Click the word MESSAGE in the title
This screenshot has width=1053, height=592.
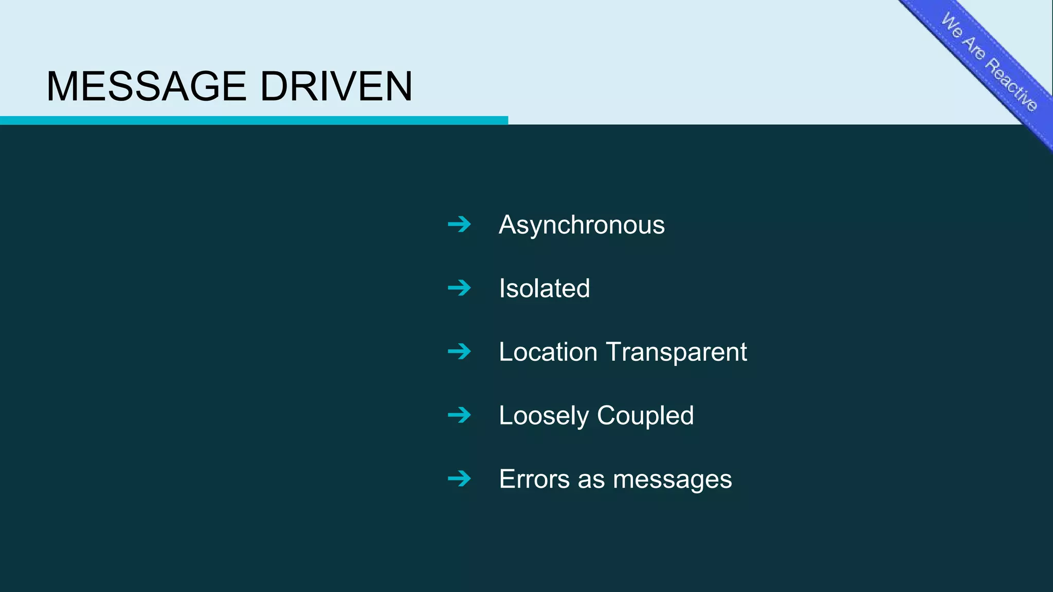pyautogui.click(x=146, y=86)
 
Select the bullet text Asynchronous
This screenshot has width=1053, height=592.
pyautogui.click(x=582, y=225)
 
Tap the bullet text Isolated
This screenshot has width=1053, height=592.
pyautogui.click(x=544, y=288)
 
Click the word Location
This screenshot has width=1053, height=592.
pyautogui.click(x=548, y=352)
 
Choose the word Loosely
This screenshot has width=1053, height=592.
pyautogui.click(x=543, y=416)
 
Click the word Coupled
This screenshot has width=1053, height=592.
pyautogui.click(x=645, y=416)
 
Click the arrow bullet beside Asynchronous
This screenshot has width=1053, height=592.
pyautogui.click(x=459, y=224)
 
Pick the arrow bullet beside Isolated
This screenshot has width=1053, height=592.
pyautogui.click(x=459, y=288)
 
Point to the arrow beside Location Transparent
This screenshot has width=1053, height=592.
pyautogui.click(x=459, y=351)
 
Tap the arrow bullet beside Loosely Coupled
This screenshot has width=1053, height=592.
pyautogui.click(x=459, y=415)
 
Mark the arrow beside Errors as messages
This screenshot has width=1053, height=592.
pyautogui.click(x=459, y=478)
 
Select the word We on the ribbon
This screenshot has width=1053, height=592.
pyautogui.click(x=952, y=25)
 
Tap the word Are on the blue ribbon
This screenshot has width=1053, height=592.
pyautogui.click(x=974, y=47)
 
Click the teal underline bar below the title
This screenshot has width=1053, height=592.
pyautogui.click(x=254, y=120)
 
